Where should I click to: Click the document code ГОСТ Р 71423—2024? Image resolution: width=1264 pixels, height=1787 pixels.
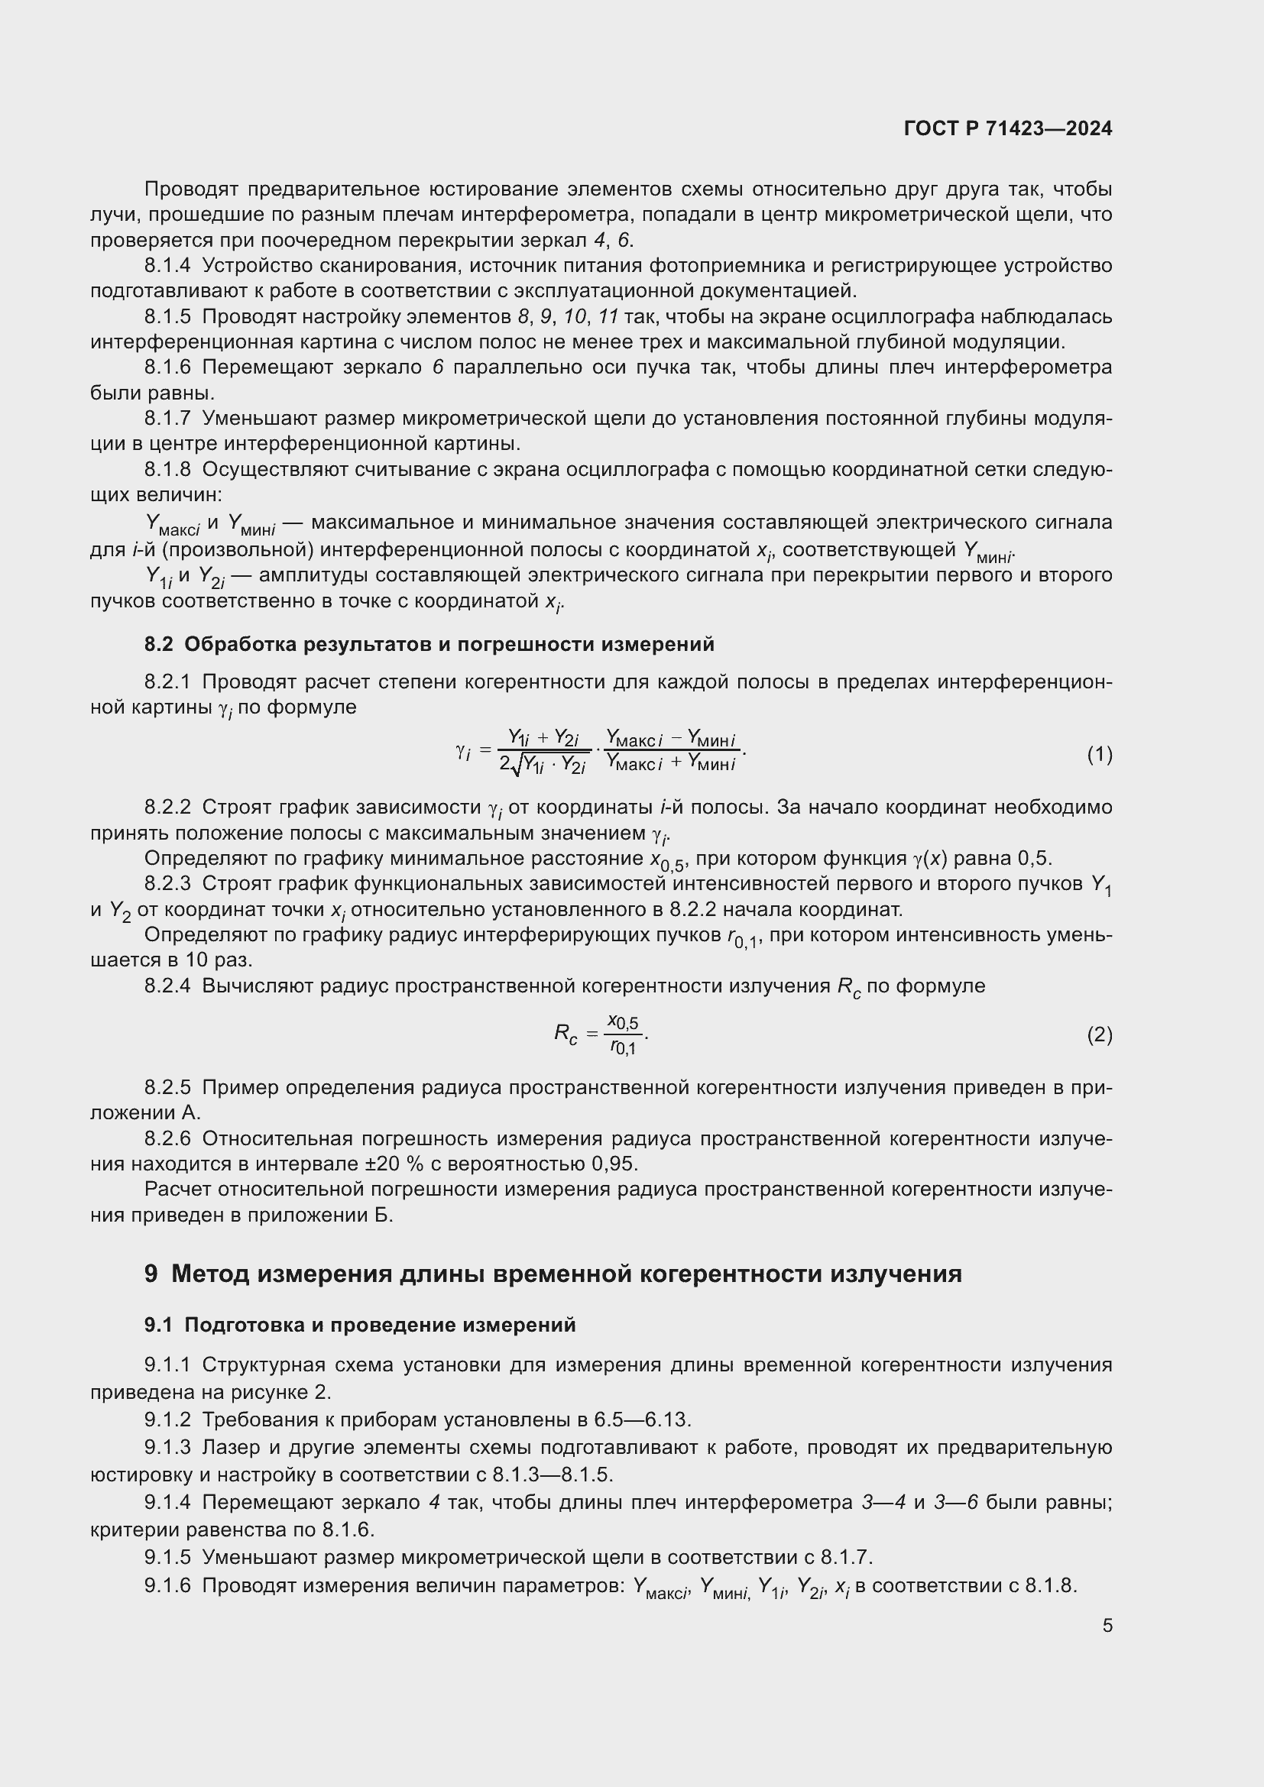tap(1008, 129)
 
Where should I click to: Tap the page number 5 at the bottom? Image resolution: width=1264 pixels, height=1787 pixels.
tap(1107, 1625)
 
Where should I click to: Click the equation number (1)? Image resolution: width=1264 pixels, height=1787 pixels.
tap(1099, 754)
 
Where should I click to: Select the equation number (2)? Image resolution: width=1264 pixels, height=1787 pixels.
tap(1099, 1034)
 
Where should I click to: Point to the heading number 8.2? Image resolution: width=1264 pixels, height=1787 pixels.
tap(161, 645)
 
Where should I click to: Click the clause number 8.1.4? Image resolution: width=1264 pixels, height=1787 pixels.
tap(167, 266)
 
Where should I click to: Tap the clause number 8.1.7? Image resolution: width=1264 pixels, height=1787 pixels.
tap(167, 419)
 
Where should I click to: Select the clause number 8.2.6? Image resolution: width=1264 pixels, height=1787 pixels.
tap(167, 1138)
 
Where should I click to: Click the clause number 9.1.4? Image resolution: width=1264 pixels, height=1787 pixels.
tap(167, 1502)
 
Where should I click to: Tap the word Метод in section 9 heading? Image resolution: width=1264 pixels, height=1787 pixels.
tap(209, 1274)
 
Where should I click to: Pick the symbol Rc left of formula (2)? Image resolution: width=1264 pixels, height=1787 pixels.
tap(566, 1034)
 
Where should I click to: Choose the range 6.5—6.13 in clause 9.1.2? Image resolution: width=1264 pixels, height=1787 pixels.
tap(642, 1420)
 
